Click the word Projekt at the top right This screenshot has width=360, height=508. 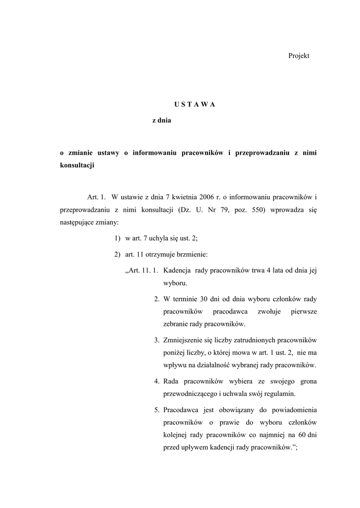(x=298, y=56)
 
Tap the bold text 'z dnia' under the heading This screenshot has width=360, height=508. (x=161, y=121)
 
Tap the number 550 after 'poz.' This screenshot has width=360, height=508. (x=259, y=210)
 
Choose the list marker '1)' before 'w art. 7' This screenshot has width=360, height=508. (x=117, y=239)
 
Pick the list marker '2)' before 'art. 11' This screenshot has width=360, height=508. (x=117, y=255)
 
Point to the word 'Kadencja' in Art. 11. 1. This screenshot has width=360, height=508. (x=177, y=271)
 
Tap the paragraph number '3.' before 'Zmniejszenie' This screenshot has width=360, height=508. (x=156, y=340)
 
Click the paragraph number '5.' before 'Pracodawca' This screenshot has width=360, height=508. (x=156, y=410)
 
